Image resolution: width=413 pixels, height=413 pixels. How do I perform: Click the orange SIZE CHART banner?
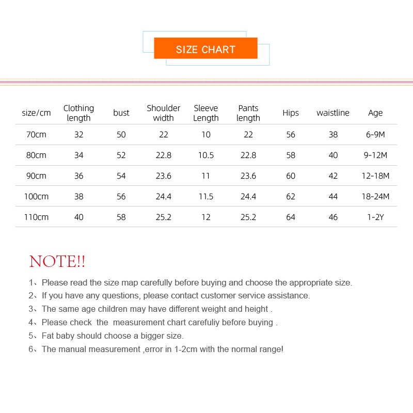click(205, 49)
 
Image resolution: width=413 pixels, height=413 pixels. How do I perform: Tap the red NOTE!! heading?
click(57, 261)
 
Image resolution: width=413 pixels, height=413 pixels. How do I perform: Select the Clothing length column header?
click(78, 113)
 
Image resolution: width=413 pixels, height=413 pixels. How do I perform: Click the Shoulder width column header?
click(163, 113)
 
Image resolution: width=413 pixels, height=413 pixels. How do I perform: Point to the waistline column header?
click(333, 113)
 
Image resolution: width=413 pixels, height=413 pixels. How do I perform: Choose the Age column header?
click(375, 113)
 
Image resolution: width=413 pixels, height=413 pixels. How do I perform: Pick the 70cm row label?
click(36, 135)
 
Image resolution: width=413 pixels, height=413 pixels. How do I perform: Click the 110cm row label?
click(36, 217)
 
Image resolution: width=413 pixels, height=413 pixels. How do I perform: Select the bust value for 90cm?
click(121, 176)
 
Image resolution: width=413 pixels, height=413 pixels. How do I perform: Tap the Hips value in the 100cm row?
click(291, 197)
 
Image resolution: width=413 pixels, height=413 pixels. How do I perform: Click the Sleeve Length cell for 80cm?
click(206, 155)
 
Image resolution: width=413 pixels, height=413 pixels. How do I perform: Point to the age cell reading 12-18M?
click(375, 176)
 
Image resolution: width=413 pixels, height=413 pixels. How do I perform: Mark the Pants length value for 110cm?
click(248, 217)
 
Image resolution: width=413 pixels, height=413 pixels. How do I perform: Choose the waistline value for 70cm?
click(333, 135)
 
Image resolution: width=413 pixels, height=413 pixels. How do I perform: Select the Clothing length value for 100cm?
click(78, 197)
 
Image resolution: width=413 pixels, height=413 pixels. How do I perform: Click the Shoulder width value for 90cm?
click(163, 176)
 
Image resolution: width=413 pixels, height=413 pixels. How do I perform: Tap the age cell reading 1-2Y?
click(375, 217)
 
